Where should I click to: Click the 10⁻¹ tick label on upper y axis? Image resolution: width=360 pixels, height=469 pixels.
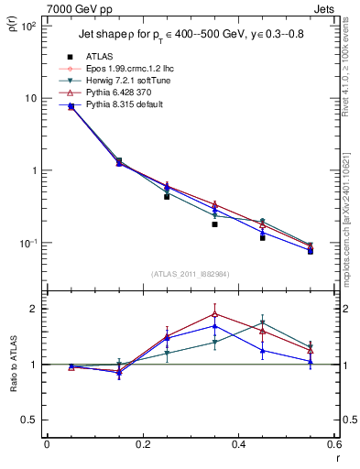click(27, 244)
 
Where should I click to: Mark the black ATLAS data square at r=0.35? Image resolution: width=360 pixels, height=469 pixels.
click(214, 224)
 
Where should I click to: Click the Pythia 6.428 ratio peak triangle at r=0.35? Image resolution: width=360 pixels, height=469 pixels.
click(214, 313)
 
